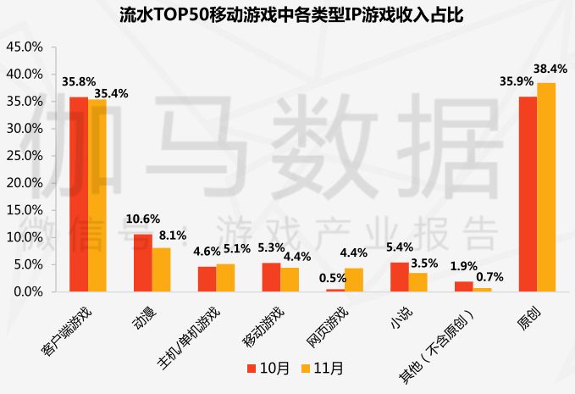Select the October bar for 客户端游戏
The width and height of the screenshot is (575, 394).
click(x=79, y=194)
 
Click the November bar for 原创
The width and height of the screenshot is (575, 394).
click(x=547, y=187)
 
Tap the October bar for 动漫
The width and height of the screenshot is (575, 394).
click(x=142, y=263)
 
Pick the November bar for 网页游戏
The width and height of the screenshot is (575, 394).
click(x=354, y=280)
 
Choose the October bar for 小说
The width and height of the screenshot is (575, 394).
click(x=398, y=277)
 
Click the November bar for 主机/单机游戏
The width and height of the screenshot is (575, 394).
click(x=225, y=278)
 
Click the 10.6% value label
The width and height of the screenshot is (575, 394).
click(x=142, y=219)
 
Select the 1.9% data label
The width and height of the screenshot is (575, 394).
click(x=465, y=268)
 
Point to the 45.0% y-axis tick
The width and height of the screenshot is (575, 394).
click(x=25, y=47)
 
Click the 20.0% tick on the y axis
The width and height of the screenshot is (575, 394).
click(x=25, y=183)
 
